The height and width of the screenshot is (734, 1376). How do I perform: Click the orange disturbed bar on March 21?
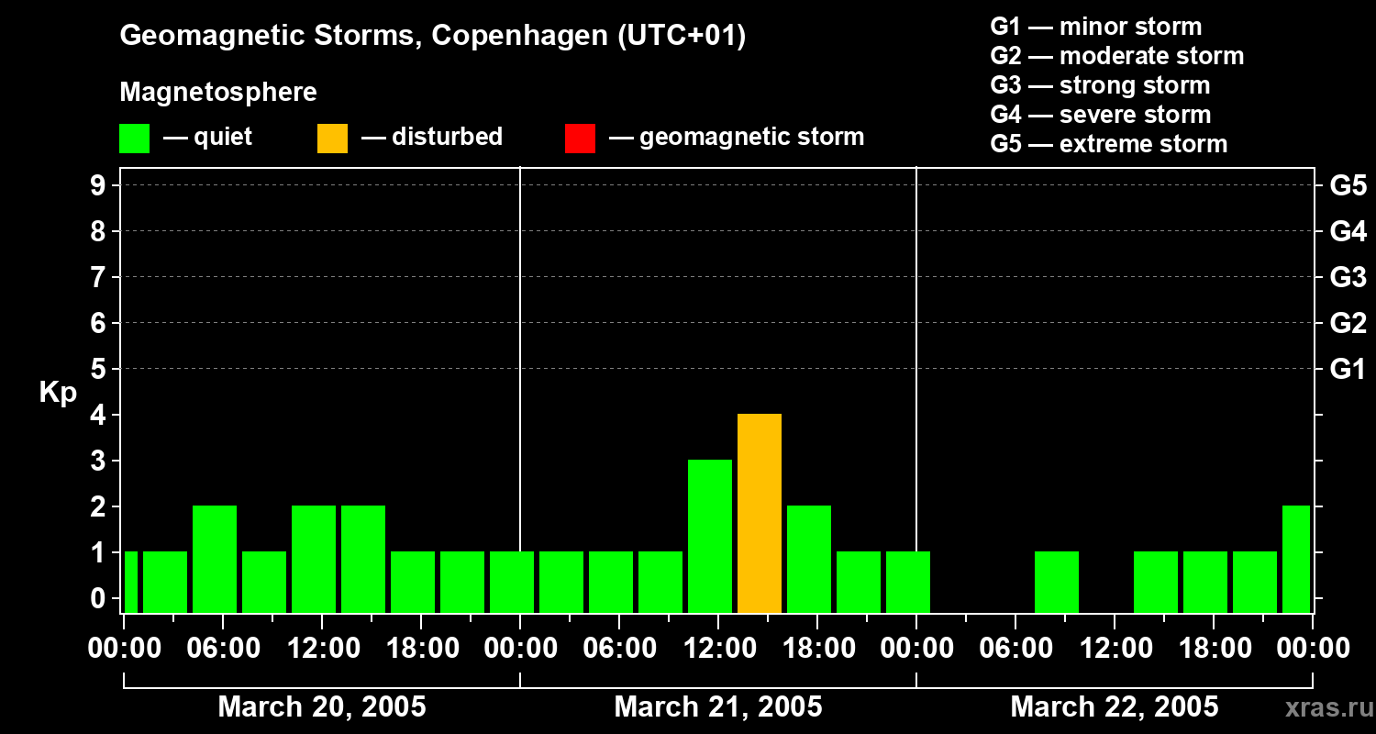[x=760, y=513]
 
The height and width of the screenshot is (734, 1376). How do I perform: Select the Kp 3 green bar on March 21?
[x=710, y=536]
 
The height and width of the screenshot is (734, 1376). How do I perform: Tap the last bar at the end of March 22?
[x=1296, y=559]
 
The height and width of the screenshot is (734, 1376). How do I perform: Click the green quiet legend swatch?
[x=135, y=139]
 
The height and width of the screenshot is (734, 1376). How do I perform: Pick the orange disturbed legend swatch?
[x=333, y=139]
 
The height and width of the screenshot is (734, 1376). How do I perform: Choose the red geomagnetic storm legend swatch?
[x=581, y=139]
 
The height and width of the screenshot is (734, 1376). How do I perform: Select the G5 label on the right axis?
[x=1348, y=186]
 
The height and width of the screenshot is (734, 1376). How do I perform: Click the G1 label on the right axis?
[x=1348, y=370]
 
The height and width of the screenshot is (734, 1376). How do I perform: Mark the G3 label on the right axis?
[x=1348, y=278]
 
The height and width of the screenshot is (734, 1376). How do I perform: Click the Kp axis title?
[x=58, y=393]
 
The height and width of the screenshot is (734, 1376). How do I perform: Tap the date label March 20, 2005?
[x=322, y=707]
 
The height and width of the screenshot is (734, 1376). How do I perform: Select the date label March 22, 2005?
[x=1115, y=707]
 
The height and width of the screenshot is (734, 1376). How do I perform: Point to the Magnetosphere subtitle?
[x=218, y=93]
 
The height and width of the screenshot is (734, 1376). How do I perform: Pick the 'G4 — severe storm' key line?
[x=1101, y=115]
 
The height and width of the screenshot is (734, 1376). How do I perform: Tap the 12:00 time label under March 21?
[x=718, y=649]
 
